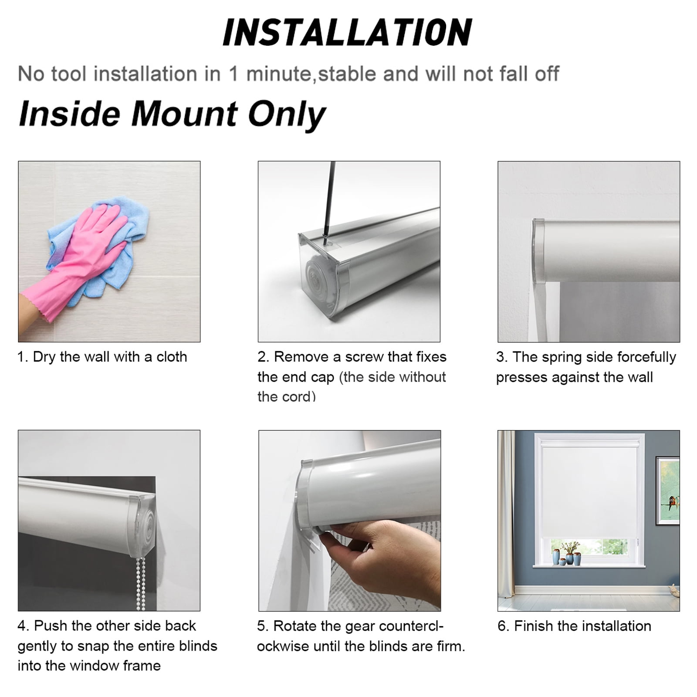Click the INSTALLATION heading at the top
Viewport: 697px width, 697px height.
(347, 32)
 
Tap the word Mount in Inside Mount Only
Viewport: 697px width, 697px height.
(185, 114)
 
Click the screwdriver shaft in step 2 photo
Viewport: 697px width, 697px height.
(328, 198)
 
